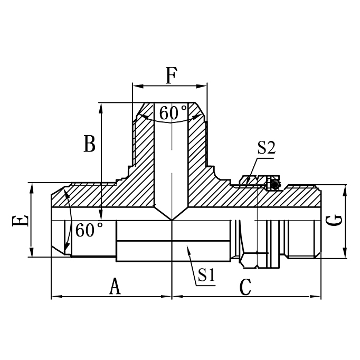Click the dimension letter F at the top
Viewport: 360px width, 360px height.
(170, 75)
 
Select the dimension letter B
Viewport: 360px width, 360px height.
(89, 144)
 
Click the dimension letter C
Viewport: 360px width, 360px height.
(245, 287)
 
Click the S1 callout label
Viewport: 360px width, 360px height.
(206, 274)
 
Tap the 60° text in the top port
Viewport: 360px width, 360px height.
(173, 112)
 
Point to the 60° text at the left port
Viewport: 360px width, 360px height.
(89, 230)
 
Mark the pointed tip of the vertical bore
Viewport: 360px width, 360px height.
(172, 220)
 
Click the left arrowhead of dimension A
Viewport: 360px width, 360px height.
(54, 297)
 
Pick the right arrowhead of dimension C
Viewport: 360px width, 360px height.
(318, 297)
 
